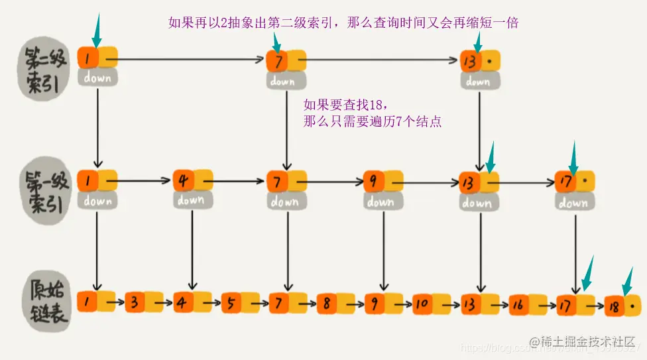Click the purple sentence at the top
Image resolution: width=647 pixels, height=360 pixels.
(343, 23)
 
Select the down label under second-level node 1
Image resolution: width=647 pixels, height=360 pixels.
(97, 78)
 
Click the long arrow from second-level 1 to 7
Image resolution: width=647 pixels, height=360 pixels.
(192, 60)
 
